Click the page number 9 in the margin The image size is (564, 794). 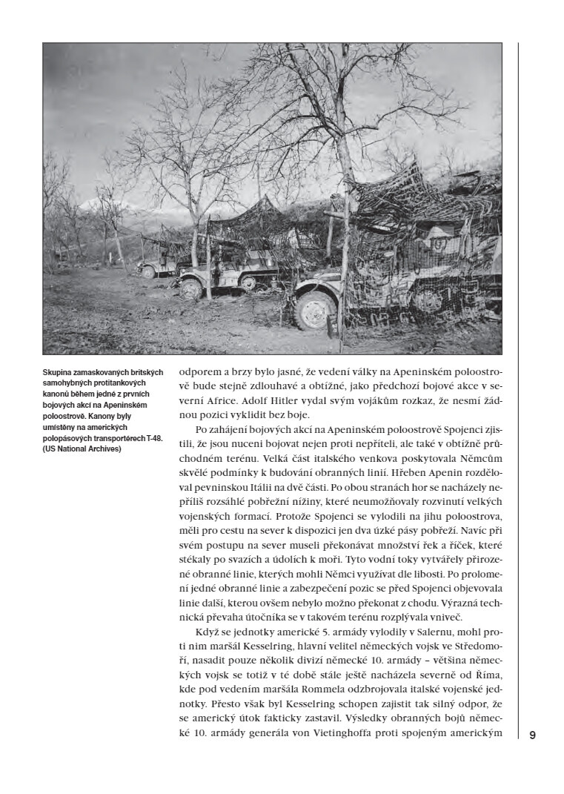[532, 735]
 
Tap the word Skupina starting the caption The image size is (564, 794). [59, 371]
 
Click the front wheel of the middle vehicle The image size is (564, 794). [191, 287]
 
